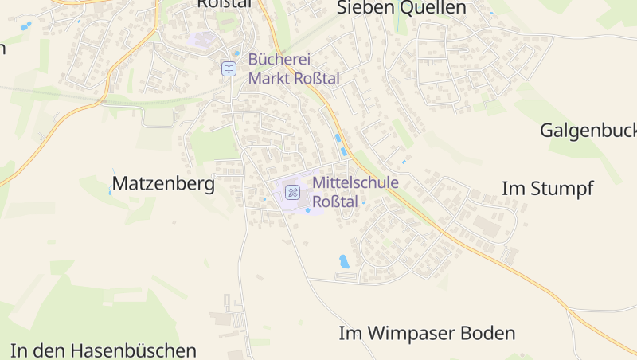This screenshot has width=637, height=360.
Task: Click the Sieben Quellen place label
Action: (401, 9)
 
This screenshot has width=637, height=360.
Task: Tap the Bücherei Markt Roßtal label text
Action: (294, 68)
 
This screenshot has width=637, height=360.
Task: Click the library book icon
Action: (229, 69)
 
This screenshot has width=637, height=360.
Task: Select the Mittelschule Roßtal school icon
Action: (292, 192)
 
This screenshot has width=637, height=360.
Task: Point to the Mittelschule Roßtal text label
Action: (355, 192)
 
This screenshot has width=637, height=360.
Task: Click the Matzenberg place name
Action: (163, 184)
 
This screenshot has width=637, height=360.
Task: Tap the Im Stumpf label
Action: (547, 189)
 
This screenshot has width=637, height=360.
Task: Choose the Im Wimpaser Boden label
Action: (427, 333)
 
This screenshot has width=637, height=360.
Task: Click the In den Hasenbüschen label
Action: (104, 350)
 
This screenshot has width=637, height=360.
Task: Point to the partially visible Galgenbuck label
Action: (588, 130)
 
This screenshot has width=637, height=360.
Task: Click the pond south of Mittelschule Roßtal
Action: (344, 260)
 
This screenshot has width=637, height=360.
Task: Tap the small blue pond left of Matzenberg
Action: (110, 191)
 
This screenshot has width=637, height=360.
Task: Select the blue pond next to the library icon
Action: (236, 54)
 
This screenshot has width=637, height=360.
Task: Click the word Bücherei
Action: (279, 59)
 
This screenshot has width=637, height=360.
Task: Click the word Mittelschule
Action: (355, 182)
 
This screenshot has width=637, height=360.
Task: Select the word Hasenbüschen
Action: (133, 350)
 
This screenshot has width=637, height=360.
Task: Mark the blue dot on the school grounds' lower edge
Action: (307, 210)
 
